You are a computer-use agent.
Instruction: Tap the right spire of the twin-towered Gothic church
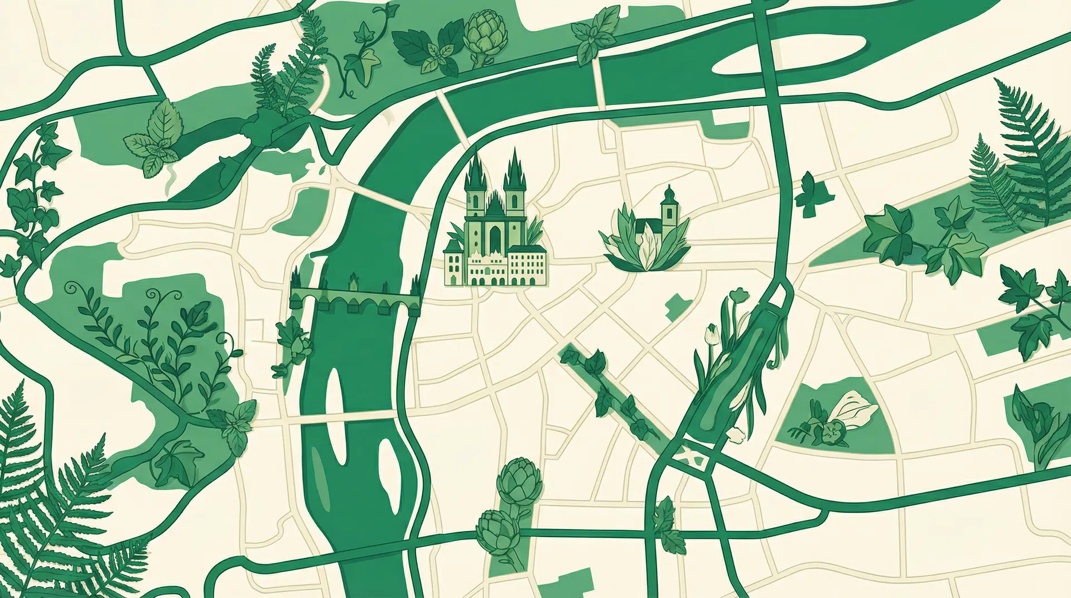tap(514, 165)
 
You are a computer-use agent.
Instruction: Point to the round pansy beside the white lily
tap(834, 432)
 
